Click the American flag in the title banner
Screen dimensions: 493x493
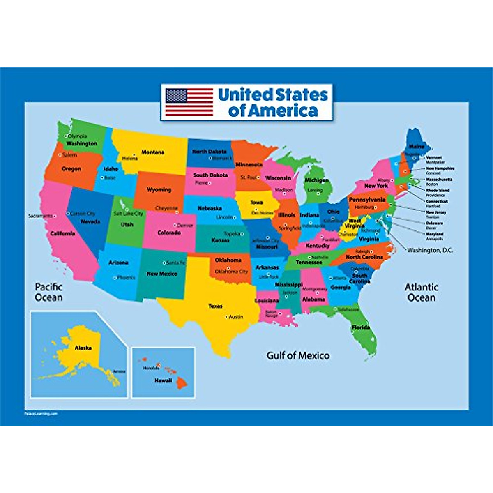coord(189,102)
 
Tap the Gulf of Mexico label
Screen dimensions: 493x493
coord(298,355)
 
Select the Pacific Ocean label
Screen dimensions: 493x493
coord(49,292)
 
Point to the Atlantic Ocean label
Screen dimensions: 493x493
coord(422,292)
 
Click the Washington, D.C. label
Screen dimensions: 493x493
coord(430,250)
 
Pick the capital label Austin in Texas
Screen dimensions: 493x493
coord(236,317)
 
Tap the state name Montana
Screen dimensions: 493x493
coord(153,152)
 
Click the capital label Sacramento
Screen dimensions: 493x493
coord(40,216)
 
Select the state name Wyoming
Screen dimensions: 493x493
coord(159,190)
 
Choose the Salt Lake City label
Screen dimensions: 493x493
coord(128,214)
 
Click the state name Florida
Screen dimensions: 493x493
coord(361,327)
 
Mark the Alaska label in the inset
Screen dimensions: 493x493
coord(83,348)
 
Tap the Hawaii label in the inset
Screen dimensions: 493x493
coord(163,381)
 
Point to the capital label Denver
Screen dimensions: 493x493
coord(185,226)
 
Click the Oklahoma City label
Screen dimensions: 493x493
coord(231,272)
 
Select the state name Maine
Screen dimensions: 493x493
coord(417,146)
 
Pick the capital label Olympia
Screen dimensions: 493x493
coord(78,136)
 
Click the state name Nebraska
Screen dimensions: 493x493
coord(210,208)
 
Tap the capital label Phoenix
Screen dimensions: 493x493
coord(126,278)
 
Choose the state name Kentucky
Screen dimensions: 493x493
coord(318,246)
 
